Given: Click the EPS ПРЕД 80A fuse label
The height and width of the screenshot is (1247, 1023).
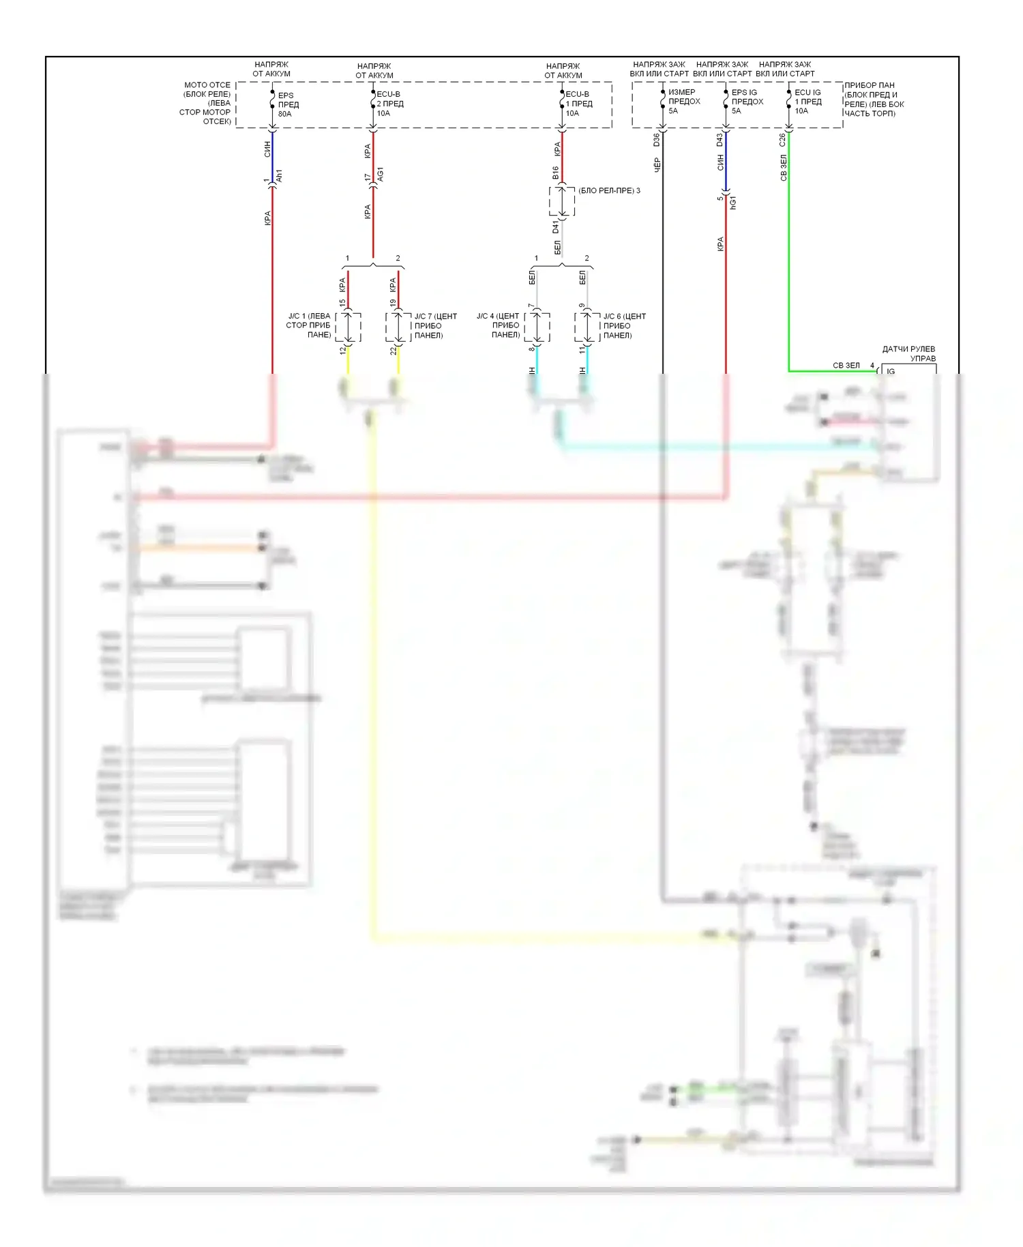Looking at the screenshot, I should (x=288, y=104).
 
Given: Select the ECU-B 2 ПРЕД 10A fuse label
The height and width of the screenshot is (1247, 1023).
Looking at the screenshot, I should (x=389, y=104).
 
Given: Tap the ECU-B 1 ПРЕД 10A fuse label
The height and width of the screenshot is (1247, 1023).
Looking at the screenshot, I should (x=578, y=104).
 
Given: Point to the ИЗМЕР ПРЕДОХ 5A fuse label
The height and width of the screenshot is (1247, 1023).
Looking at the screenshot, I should (x=683, y=101).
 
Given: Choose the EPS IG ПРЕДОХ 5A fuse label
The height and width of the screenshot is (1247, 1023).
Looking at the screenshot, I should (x=747, y=101).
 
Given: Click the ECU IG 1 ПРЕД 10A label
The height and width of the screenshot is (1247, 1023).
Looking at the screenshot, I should (x=808, y=101).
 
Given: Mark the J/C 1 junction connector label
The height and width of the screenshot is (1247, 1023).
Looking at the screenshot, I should (x=308, y=325).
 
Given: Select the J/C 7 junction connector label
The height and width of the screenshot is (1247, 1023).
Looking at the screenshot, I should (x=435, y=325).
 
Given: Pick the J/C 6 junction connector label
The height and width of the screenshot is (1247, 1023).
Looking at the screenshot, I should (x=624, y=325).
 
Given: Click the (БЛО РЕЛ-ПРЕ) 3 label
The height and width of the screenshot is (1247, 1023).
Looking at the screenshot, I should (x=609, y=190).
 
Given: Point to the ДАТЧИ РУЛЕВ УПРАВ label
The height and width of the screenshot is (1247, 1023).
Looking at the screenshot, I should (x=909, y=353).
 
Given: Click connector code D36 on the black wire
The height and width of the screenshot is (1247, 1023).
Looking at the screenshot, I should (x=657, y=140).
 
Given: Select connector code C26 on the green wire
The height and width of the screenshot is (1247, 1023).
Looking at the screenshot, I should (x=782, y=140).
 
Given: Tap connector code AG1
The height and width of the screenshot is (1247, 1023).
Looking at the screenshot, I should (x=381, y=175).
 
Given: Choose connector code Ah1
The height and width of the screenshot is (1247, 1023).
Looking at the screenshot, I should (x=279, y=176).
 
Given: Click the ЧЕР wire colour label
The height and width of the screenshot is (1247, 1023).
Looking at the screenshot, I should (x=657, y=164).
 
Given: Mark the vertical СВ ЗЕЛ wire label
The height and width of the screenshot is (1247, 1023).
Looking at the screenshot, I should (x=784, y=168).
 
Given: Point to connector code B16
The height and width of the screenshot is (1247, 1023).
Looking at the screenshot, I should (x=556, y=173).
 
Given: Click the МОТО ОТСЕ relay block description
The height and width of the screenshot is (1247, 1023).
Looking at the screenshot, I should (x=207, y=103).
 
